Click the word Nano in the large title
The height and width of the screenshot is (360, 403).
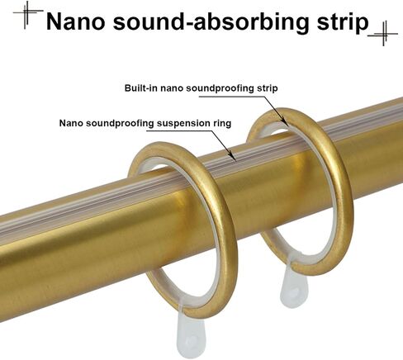(x=75, y=21)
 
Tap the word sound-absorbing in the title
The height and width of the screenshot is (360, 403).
(x=211, y=23)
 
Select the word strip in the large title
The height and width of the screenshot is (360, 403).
(x=343, y=23)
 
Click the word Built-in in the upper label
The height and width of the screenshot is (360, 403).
(x=140, y=88)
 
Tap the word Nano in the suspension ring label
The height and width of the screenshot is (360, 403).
(x=71, y=123)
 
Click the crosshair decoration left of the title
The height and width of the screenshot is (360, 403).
(x=28, y=14)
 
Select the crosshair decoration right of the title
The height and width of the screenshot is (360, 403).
(x=383, y=34)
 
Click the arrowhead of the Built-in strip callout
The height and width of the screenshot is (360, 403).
(x=283, y=119)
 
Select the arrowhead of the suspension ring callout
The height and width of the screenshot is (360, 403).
(x=233, y=157)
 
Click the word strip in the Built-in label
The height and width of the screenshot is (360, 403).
(x=267, y=88)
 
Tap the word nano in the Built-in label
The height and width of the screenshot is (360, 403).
(x=171, y=88)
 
